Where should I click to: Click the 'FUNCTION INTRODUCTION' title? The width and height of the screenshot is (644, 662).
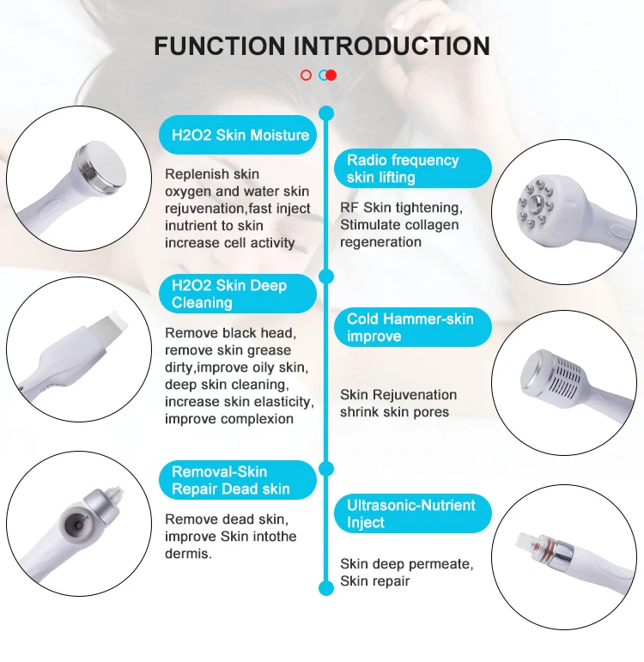click(x=322, y=46)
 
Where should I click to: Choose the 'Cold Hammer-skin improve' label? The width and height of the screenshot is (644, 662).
click(x=410, y=327)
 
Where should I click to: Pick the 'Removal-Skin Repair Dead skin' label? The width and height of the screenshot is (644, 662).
click(x=232, y=480)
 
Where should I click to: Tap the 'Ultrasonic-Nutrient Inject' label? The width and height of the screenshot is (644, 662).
click(x=410, y=513)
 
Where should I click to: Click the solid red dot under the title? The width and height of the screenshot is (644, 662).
click(x=331, y=75)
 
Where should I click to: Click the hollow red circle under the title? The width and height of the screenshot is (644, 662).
click(x=306, y=75)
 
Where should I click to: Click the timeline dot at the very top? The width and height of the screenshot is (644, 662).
click(x=325, y=112)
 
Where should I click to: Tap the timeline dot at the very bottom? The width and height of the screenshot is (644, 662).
click(x=325, y=588)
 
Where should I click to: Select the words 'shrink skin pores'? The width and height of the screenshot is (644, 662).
click(x=394, y=411)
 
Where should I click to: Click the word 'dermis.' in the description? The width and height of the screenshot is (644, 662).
click(x=188, y=554)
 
